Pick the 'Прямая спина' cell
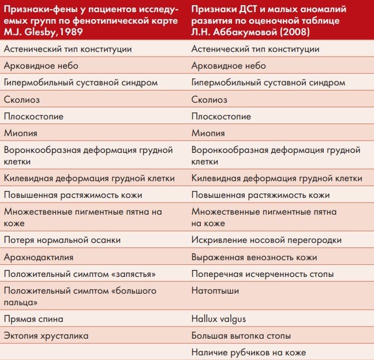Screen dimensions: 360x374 click(33, 318)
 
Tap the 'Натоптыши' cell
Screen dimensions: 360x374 click(215, 291)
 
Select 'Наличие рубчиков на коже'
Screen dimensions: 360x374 click(248, 352)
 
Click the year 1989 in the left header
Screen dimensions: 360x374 click(74, 32)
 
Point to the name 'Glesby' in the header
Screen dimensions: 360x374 click(35, 32)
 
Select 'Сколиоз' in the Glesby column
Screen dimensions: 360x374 click(21, 99)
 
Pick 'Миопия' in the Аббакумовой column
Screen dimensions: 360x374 click(208, 133)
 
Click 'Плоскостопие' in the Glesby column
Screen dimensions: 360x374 click(33, 116)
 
